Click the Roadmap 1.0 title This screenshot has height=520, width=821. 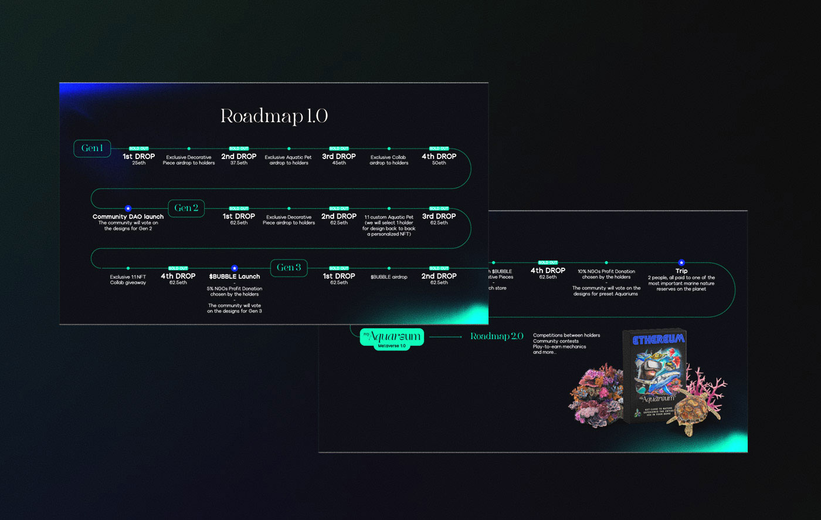coord(274,116)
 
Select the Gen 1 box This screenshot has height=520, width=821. coord(92,148)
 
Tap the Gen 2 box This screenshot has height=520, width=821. coord(186,208)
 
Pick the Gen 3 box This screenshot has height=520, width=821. coord(289,268)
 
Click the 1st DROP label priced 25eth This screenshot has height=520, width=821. coord(139,157)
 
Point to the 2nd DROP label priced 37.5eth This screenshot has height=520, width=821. coord(239,157)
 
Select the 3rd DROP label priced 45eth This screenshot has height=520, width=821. coord(339,157)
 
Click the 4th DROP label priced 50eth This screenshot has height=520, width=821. coord(439,157)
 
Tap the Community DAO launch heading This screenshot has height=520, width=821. coord(128,217)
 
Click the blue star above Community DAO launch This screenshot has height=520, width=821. coord(128,208)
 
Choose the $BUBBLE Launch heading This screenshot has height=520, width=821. coord(235,276)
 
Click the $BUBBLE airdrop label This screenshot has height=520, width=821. coord(389,277)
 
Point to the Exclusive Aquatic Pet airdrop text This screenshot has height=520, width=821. coord(289,160)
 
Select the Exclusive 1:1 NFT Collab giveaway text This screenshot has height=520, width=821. coord(128,280)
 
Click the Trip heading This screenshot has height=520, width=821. coord(681,271)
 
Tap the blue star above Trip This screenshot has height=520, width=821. coord(681,263)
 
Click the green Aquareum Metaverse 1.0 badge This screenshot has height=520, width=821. coord(392,337)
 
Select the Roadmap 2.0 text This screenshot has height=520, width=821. coord(497,336)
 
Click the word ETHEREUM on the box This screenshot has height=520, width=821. coord(659,339)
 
